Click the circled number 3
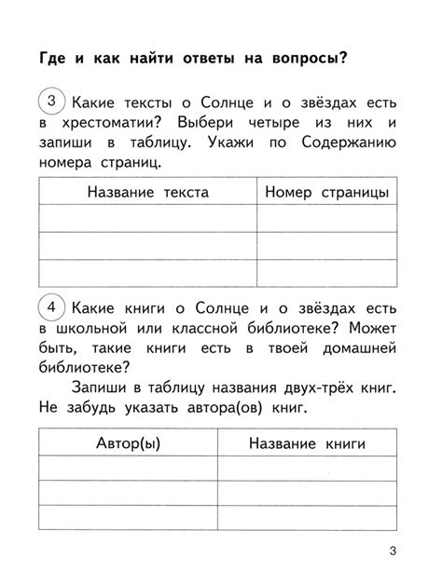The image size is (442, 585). (54, 101)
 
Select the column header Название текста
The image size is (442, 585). (147, 192)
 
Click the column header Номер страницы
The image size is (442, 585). (326, 192)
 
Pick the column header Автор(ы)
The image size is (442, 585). (129, 443)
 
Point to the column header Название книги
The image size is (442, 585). (307, 443)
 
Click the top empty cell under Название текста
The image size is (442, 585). (147, 218)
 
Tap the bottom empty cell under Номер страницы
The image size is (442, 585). (326, 273)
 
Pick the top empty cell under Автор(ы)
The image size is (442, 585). (129, 469)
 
